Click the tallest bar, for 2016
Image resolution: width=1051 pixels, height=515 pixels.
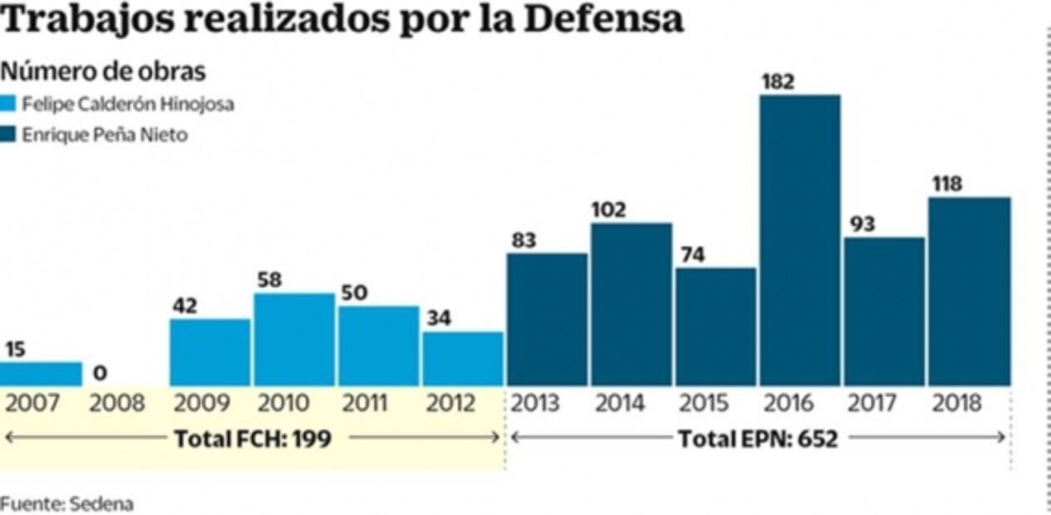(799, 241)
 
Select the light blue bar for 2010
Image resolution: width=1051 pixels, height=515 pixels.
(294, 339)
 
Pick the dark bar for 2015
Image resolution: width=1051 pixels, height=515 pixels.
(715, 326)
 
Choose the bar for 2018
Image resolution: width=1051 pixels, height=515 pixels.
(970, 291)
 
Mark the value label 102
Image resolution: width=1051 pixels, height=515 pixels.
(610, 209)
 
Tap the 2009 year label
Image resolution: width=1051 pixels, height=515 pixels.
(202, 404)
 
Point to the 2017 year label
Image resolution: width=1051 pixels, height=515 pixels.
(872, 404)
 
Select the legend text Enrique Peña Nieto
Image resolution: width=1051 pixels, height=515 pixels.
(105, 135)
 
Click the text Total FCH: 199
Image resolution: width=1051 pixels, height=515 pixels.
(252, 439)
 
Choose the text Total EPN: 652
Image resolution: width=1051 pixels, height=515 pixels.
(758, 439)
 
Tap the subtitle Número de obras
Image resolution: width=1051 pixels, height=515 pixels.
(103, 72)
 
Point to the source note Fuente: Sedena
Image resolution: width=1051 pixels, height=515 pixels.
(66, 503)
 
